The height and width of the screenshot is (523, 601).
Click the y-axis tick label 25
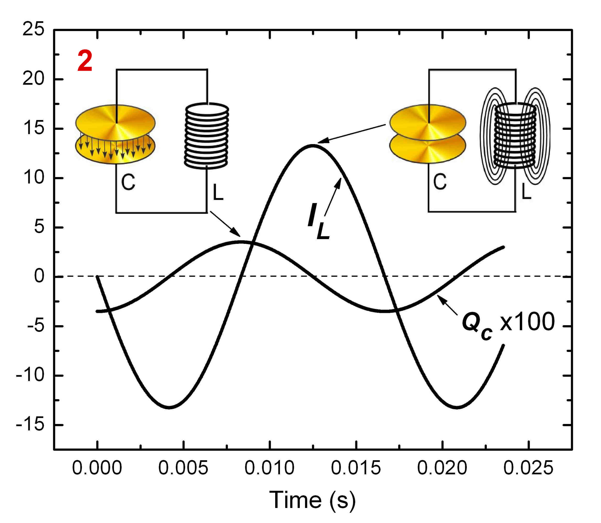click(x=33, y=29)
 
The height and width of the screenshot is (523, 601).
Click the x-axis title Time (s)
click(x=312, y=500)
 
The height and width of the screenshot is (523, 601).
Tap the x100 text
click(x=527, y=322)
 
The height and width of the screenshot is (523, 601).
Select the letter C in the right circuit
click(x=440, y=181)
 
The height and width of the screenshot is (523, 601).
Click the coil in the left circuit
click(x=207, y=136)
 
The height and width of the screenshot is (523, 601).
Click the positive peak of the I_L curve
click(x=313, y=145)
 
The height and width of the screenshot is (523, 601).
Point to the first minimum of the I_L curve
click(x=170, y=407)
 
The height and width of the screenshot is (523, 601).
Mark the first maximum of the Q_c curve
click(x=241, y=242)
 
